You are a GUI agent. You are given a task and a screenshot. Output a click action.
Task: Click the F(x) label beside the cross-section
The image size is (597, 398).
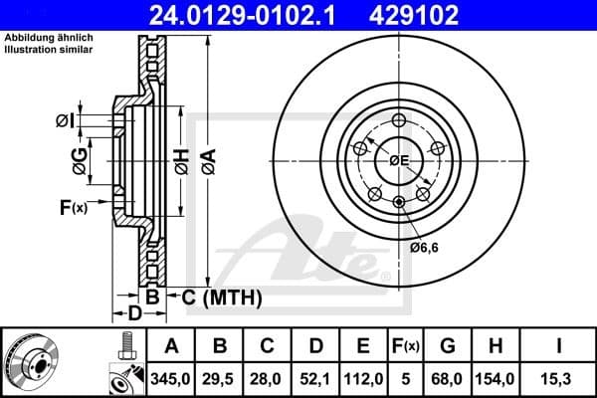pos(75,207)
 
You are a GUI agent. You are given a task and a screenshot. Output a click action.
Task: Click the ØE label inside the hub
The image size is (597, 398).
pos(399,160)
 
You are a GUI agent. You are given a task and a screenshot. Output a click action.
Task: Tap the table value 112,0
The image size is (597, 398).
pos(363,379)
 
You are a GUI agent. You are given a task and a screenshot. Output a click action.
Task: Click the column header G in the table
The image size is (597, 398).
pos(448,347)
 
